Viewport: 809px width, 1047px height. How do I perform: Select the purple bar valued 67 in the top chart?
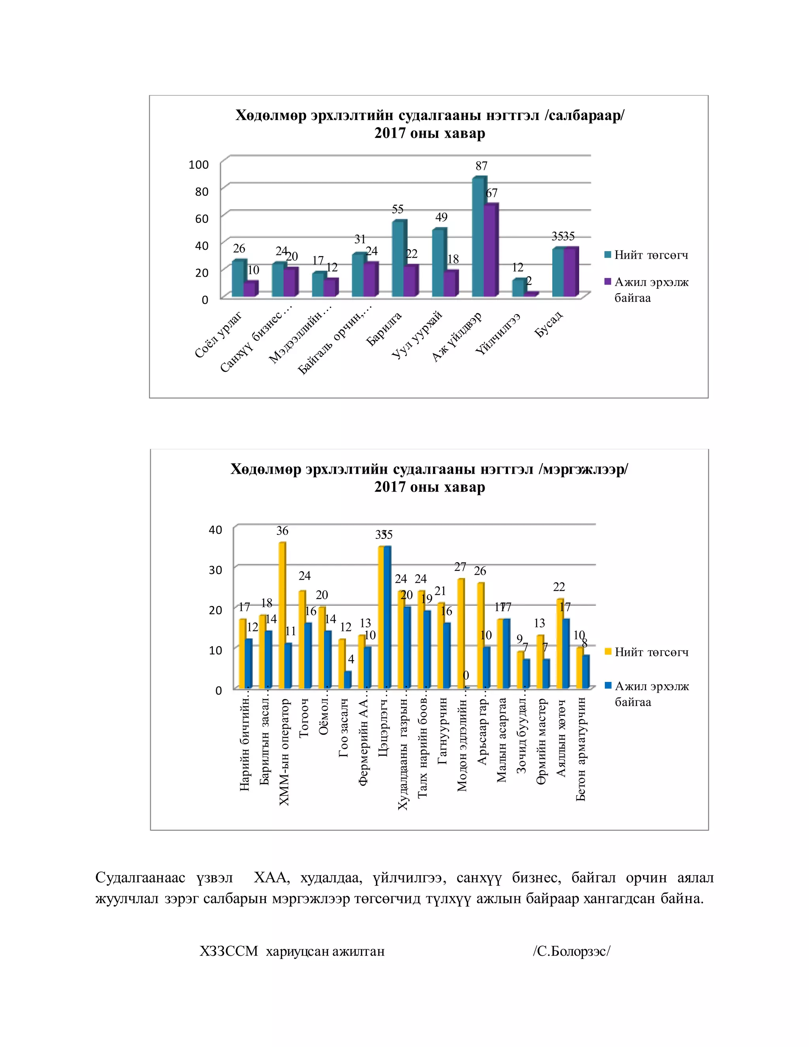(490, 250)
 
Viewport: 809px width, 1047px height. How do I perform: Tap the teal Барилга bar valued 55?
(398, 259)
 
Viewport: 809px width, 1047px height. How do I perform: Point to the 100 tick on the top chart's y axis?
(198, 164)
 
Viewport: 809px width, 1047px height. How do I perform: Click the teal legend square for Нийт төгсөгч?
(608, 254)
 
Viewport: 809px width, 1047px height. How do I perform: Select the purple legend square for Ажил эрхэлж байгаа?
(608, 281)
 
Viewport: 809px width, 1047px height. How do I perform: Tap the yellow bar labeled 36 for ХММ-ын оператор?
(282, 616)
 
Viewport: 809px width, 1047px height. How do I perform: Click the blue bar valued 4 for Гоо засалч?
(348, 680)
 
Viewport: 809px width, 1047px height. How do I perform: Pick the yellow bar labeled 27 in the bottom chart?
(460, 634)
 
